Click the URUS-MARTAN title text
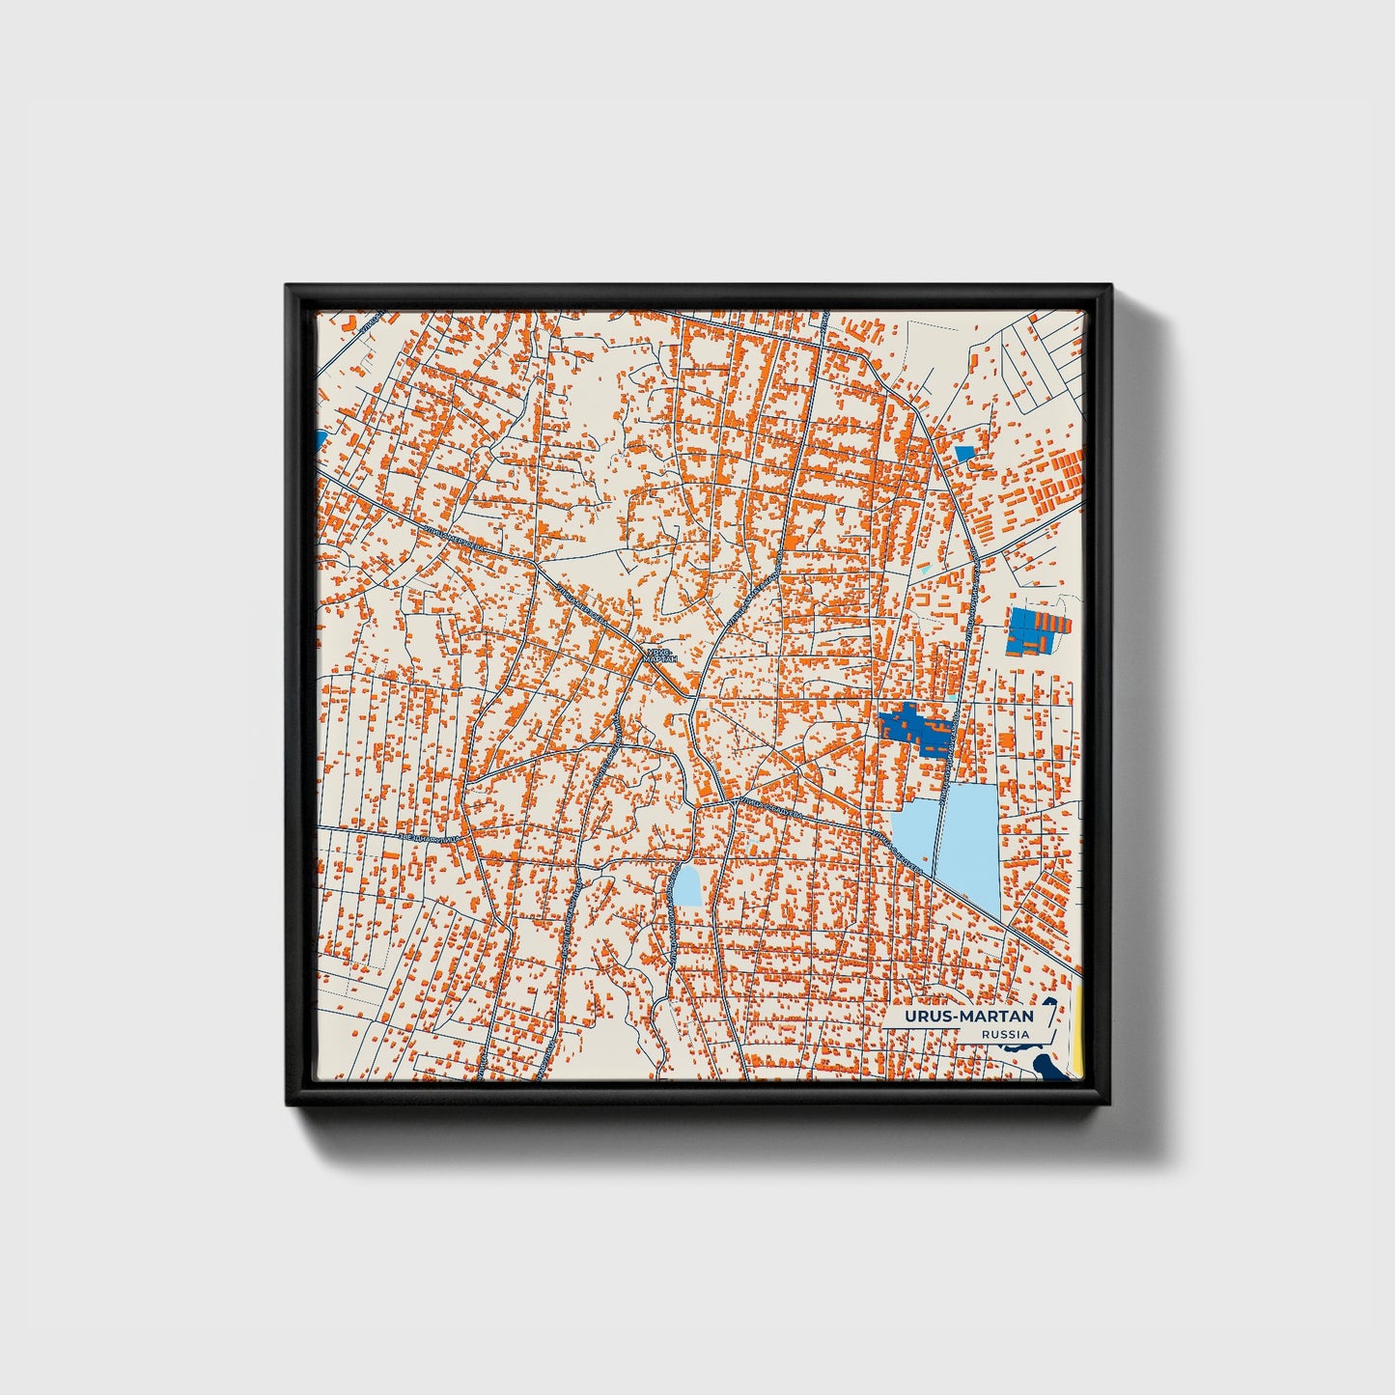point(968,1017)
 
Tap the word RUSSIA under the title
point(1004,1035)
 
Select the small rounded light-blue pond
point(687,885)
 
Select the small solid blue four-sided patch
point(964,453)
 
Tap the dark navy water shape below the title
point(1046,1068)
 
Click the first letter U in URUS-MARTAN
point(910,1017)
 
